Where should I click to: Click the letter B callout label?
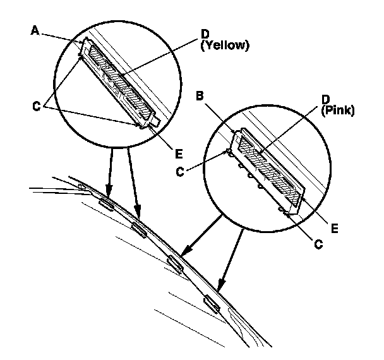pos(199,97)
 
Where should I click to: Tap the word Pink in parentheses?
pos(338,110)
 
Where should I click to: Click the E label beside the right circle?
pos(334,225)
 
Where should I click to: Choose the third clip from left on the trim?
pos(176,263)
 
